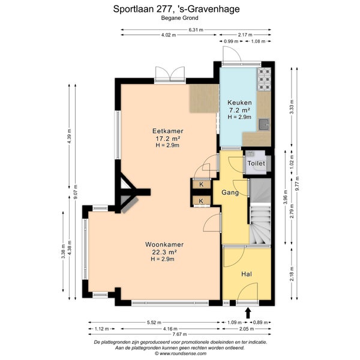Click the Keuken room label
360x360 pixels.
pos(239,103)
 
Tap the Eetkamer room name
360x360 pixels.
pos(168,131)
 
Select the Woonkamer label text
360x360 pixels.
pos(164,244)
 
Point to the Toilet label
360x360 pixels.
pos(256,163)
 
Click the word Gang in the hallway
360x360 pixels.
pos(230,193)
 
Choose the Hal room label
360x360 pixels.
pos(247,274)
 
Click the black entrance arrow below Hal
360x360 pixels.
pos(248,313)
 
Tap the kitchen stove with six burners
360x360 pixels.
pos(264,79)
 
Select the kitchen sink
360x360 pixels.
pos(264,124)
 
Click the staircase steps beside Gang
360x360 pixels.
pos(260,224)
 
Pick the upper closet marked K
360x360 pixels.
pos(202,184)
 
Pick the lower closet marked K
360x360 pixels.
pos(201,201)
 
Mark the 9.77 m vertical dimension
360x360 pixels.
pos(298,183)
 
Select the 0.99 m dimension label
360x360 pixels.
pos(231,41)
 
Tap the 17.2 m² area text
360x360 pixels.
pos(167,139)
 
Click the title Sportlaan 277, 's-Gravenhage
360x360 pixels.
pos(176,9)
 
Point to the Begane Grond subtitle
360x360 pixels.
pos(179,18)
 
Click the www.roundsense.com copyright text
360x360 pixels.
pos(181,353)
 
